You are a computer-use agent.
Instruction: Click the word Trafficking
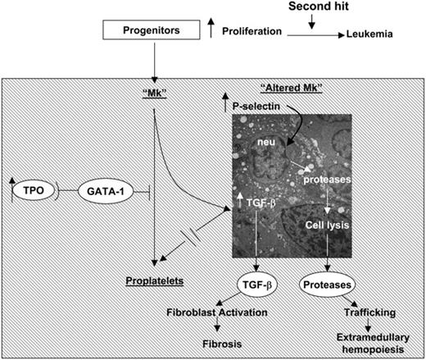(x=366, y=312)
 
